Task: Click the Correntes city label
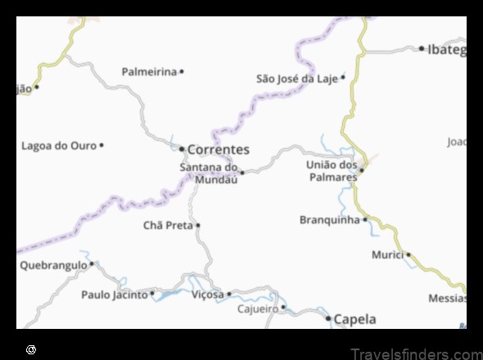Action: coord(218,150)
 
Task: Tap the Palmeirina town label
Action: coord(149,72)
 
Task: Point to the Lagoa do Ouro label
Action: coord(59,146)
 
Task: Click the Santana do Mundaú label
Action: coord(209,173)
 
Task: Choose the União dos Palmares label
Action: coord(332,170)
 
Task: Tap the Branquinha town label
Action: coord(330,219)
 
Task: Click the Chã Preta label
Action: coord(168,225)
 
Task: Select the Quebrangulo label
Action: coord(52,265)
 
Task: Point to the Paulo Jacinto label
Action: coord(114,294)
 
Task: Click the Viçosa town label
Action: coord(207,294)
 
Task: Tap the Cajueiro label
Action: coord(257,308)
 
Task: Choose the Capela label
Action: coord(356,318)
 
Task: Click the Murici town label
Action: coord(387,254)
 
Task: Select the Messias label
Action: coord(446,299)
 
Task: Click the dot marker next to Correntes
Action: coord(182,149)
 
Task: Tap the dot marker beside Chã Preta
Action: coord(198,225)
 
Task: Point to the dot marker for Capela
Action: coord(329,318)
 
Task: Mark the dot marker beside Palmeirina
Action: coord(182,72)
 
